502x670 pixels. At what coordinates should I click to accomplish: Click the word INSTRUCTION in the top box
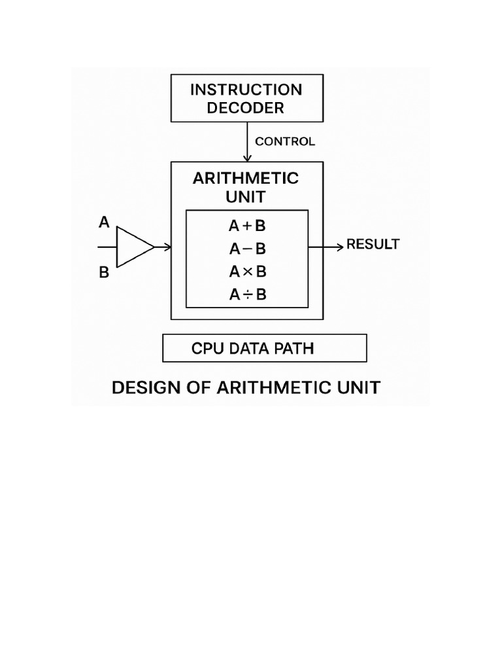[246, 90]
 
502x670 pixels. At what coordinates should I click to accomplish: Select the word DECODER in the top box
[246, 108]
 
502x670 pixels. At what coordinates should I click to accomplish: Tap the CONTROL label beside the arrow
[284, 141]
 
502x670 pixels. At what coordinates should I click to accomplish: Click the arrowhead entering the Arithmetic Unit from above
[247, 158]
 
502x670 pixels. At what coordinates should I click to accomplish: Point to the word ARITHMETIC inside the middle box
[246, 178]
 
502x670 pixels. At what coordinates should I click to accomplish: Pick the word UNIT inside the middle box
[246, 196]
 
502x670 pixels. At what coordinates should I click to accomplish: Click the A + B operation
[247, 226]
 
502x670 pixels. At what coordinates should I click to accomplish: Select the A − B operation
[247, 249]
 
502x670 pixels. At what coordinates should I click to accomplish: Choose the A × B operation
[247, 272]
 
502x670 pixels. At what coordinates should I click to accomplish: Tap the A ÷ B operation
[247, 295]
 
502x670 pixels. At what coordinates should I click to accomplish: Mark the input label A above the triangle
[104, 223]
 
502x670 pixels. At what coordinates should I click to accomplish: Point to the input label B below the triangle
[104, 273]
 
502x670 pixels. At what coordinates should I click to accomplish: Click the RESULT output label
[373, 245]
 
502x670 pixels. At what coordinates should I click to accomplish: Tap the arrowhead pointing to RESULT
[339, 247]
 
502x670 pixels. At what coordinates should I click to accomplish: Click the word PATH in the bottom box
[295, 349]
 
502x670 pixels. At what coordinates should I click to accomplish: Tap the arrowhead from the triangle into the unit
[168, 247]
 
